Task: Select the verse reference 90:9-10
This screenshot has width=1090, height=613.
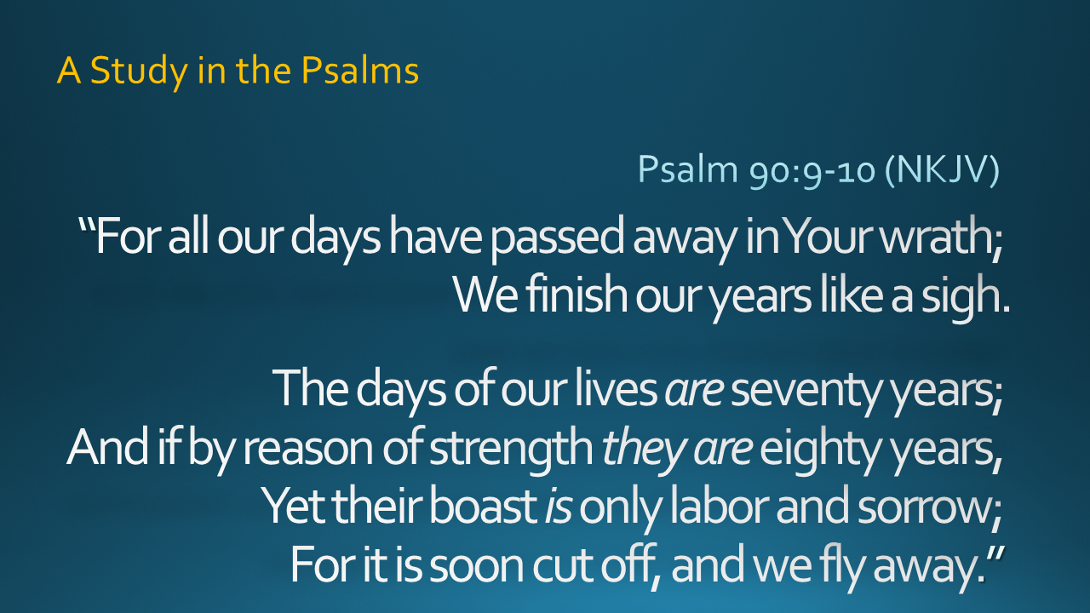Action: [x=812, y=170]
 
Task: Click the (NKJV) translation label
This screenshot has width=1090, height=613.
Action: [x=942, y=170]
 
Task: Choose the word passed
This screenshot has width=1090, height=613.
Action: [x=557, y=238]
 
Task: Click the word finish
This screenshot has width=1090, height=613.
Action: [x=577, y=295]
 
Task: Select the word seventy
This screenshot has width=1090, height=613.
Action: [x=806, y=392]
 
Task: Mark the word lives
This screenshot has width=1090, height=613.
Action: [x=616, y=388]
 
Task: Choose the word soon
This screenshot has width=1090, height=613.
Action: [x=476, y=567]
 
